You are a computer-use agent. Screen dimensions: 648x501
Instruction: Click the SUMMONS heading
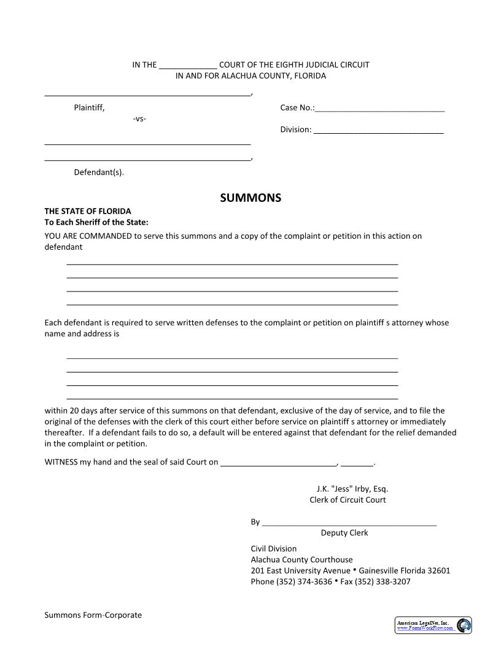251,198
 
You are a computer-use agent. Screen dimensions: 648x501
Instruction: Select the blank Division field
378,130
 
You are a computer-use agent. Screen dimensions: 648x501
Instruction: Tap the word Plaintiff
89,108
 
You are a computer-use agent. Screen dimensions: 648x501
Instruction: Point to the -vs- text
139,118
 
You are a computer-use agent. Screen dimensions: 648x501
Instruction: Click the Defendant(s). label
99,172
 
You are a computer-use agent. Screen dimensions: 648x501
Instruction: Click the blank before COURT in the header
187,65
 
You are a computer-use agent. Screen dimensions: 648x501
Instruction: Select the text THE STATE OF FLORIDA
88,211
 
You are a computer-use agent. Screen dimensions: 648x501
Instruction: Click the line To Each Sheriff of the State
96,222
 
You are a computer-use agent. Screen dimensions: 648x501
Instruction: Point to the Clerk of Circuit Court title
348,500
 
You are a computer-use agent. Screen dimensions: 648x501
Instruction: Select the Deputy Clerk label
344,533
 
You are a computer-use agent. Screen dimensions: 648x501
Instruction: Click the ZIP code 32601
438,571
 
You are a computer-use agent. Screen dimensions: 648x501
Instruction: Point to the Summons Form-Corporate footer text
93,615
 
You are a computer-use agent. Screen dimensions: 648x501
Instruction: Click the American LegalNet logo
432,625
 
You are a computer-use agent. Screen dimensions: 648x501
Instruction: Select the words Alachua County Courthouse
301,560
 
